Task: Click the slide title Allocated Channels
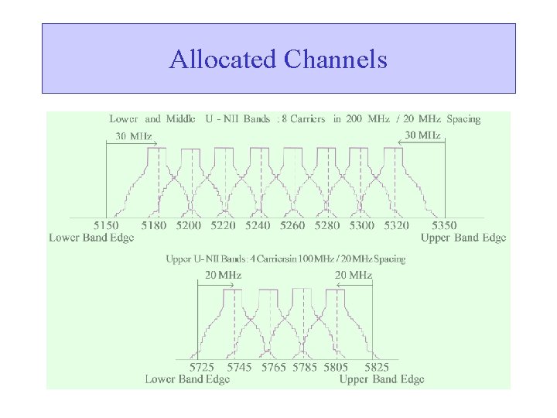pyautogui.click(x=278, y=59)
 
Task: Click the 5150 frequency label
pyautogui.click(x=106, y=225)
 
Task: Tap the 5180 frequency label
pyautogui.click(x=154, y=225)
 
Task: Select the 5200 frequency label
pyautogui.click(x=188, y=225)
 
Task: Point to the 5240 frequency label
pyautogui.click(x=257, y=225)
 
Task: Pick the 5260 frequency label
pyautogui.click(x=292, y=225)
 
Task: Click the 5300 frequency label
pyautogui.click(x=361, y=225)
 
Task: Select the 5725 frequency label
pyautogui.click(x=204, y=367)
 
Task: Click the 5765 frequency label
pyautogui.click(x=274, y=367)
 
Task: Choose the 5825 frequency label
pyautogui.click(x=376, y=367)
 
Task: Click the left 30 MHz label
pyautogui.click(x=134, y=135)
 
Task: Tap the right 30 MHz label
pyautogui.click(x=423, y=135)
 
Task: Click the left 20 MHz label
pyautogui.click(x=222, y=275)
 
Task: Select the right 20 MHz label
pyautogui.click(x=353, y=275)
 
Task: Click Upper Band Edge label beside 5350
pyautogui.click(x=463, y=238)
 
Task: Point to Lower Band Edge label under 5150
pyautogui.click(x=92, y=238)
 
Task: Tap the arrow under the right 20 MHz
pyautogui.click(x=354, y=283)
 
